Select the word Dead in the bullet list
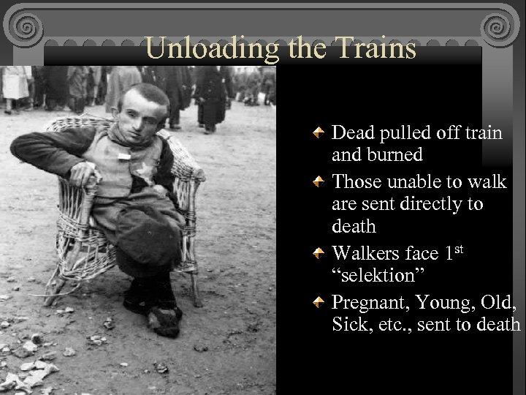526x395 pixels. (352, 132)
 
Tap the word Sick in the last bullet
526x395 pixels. (348, 324)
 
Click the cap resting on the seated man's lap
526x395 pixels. (150, 238)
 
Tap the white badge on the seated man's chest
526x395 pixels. (124, 154)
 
